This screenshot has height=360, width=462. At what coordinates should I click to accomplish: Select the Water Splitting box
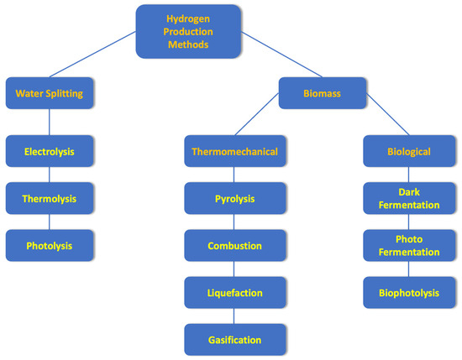(x=49, y=94)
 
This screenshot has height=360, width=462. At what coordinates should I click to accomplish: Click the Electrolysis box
(x=49, y=152)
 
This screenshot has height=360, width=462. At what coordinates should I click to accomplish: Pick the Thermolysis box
(x=49, y=199)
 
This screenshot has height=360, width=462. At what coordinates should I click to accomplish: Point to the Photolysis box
(x=49, y=246)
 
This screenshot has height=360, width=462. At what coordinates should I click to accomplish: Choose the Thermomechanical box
(x=235, y=152)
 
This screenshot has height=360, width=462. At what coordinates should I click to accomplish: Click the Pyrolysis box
(x=235, y=199)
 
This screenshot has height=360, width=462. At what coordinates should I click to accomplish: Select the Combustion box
(x=235, y=246)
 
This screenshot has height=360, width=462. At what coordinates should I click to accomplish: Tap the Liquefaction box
(x=235, y=293)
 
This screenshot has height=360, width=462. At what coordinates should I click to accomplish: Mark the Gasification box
(x=235, y=340)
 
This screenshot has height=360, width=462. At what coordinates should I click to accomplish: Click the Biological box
(x=409, y=152)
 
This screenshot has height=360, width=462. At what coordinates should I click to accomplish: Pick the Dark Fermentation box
(x=409, y=199)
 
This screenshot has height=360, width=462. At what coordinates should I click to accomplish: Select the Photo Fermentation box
(x=409, y=246)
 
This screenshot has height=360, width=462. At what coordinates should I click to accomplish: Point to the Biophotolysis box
(x=409, y=293)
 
